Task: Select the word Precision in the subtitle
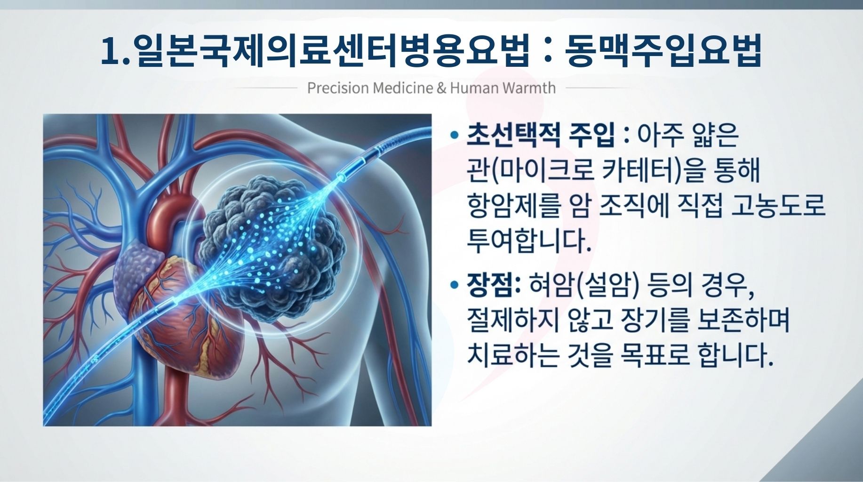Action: tap(338, 88)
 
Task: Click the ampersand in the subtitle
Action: tap(441, 88)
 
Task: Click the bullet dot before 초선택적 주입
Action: tap(454, 135)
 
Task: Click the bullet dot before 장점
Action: tap(454, 285)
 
